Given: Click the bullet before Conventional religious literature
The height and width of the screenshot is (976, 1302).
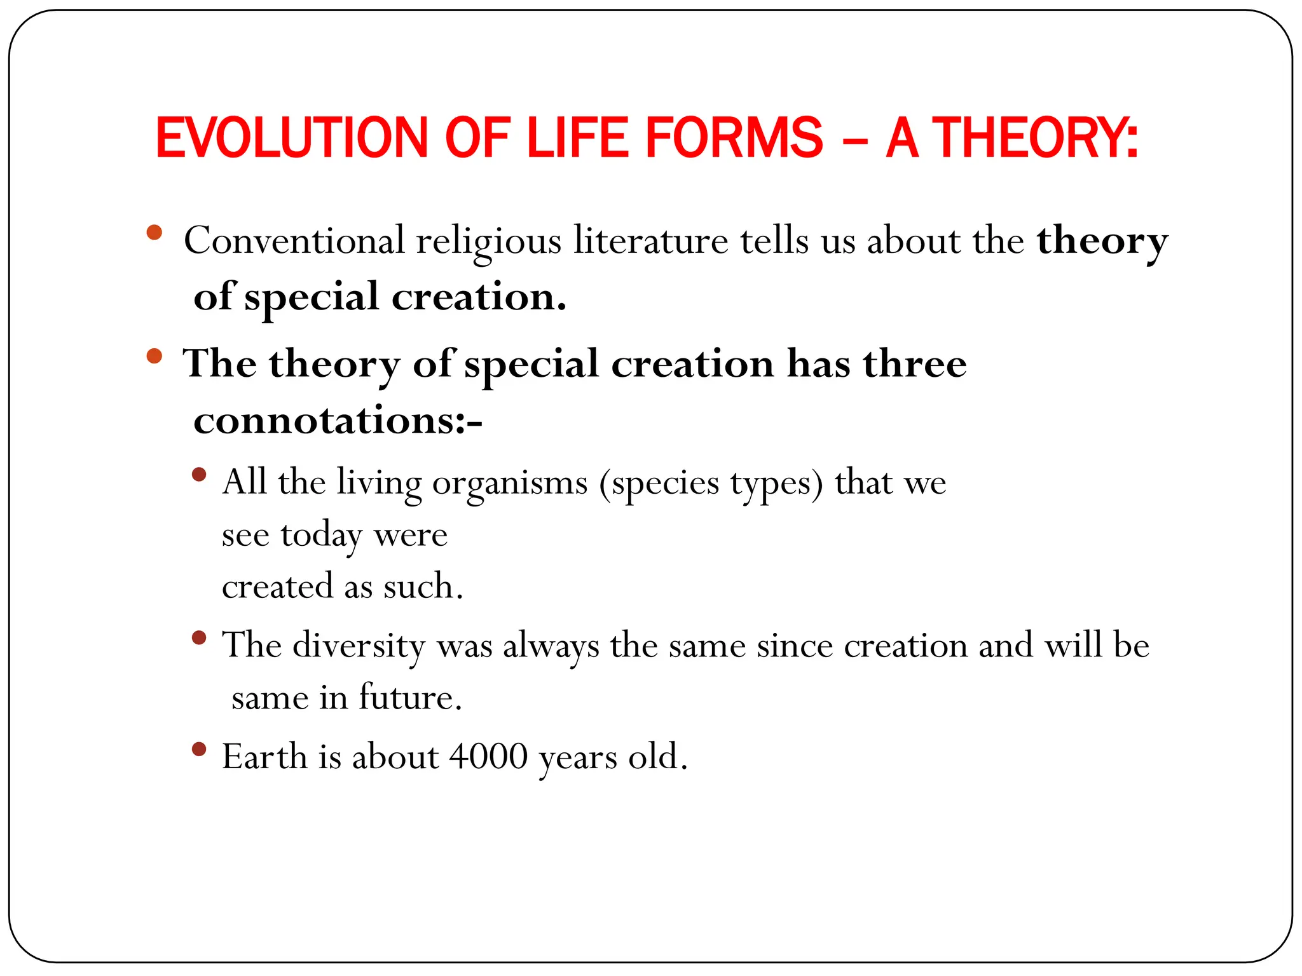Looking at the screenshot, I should click(154, 232).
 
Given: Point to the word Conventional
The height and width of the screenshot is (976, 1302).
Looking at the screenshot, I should click(294, 241).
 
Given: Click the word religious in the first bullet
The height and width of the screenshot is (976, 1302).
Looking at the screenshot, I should click(488, 242).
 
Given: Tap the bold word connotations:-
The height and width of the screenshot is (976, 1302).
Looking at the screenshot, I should click(338, 421).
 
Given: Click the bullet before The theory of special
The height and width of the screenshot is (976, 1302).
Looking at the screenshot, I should click(154, 356).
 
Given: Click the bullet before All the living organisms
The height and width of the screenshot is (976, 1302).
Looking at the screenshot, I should click(199, 475).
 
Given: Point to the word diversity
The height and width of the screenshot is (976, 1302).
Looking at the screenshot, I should click(359, 646).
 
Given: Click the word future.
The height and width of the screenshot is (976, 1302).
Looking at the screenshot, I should click(410, 698).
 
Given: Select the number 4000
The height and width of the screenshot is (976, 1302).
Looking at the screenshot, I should click(488, 757).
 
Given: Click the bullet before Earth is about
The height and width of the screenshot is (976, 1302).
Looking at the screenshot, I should click(199, 750).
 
